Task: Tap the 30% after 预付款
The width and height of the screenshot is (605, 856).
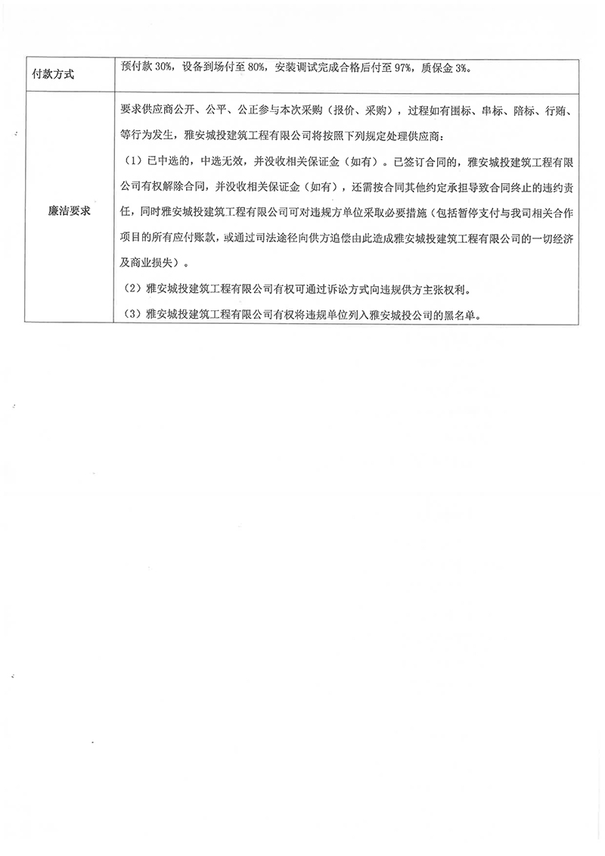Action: coord(164,67)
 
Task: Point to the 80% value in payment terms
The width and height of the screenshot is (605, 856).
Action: coord(254,67)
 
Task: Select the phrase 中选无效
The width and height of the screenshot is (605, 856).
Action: coord(219,161)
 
